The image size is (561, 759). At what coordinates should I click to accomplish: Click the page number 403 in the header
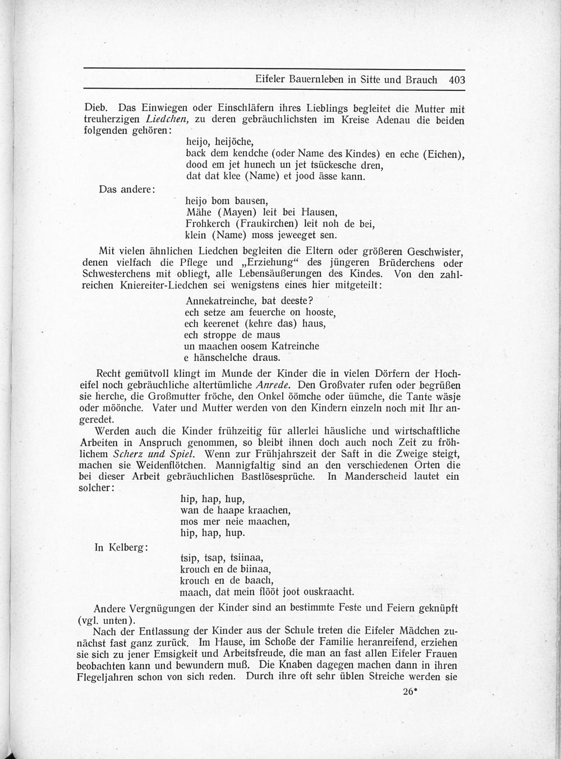pos(457,80)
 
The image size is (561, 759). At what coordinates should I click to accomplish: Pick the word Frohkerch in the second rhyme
pos(208,223)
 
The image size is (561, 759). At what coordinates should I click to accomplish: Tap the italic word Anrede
pos(273,385)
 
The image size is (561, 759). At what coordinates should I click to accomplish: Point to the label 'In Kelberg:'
pos(121,547)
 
